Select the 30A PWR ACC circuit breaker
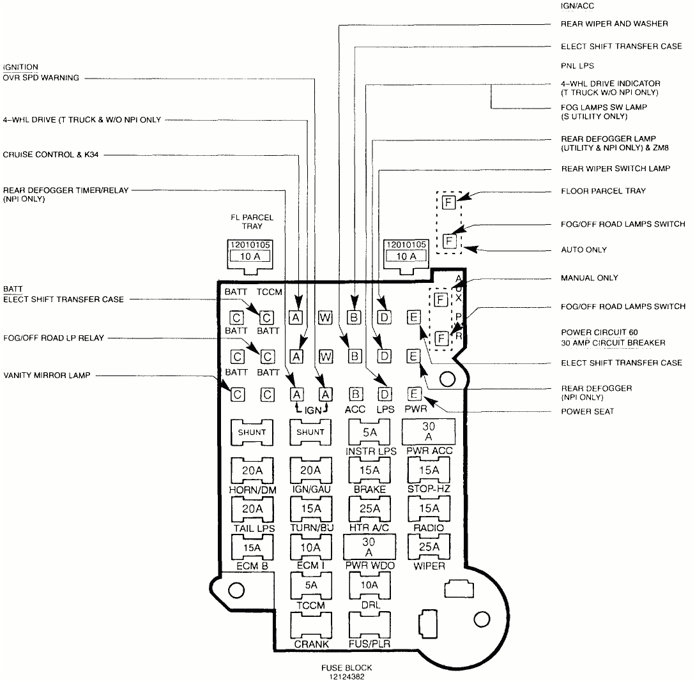(x=428, y=432)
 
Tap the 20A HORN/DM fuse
(x=251, y=471)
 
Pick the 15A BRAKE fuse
(x=370, y=471)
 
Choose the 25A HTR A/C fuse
(x=370, y=509)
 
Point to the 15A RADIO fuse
(x=429, y=509)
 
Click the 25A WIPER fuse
(x=429, y=547)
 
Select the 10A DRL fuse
(x=370, y=586)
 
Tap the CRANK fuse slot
(x=311, y=624)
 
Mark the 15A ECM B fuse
(x=251, y=547)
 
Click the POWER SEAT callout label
(x=587, y=411)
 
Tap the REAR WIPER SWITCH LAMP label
(x=615, y=169)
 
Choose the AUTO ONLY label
(x=584, y=250)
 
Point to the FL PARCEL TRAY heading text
(x=252, y=222)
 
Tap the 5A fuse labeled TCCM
(x=311, y=586)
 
